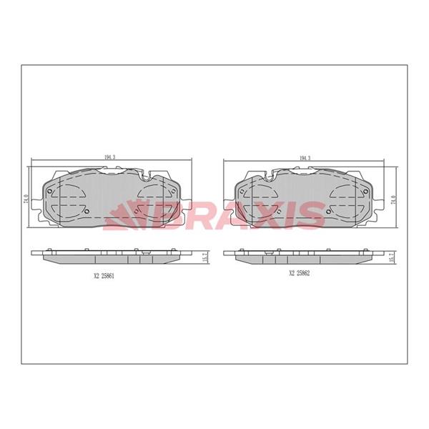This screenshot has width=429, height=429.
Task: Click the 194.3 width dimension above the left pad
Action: [x=110, y=157]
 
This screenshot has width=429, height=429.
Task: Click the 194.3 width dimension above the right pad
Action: [x=305, y=158]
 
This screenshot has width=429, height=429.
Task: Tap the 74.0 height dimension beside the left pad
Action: [x=26, y=199]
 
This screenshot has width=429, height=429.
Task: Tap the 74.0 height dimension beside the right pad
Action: [x=393, y=199]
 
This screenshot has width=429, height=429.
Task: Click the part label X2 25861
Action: [x=104, y=276]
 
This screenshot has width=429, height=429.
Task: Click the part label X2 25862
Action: [x=300, y=273]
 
